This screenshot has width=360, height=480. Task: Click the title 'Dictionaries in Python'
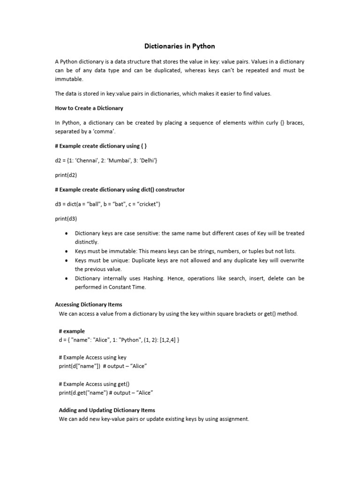click(x=180, y=46)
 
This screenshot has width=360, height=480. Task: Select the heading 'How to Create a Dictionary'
click(x=89, y=108)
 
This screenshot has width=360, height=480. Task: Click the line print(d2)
click(x=66, y=175)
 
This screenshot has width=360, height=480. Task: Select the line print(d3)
click(x=66, y=218)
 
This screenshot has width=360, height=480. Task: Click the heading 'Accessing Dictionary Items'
click(x=89, y=305)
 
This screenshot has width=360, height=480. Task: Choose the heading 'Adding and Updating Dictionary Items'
click(x=107, y=410)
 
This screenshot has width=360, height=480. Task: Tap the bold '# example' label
click(x=72, y=331)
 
